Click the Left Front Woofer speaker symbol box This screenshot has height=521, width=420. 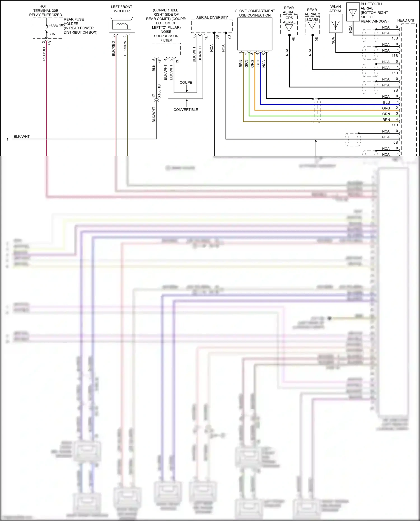[122, 24]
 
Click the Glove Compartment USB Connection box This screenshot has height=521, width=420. [255, 34]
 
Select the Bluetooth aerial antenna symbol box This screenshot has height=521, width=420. [353, 12]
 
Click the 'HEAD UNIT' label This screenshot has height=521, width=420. [406, 20]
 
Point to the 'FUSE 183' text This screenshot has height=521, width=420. [57, 25]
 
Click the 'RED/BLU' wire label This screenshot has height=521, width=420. [44, 53]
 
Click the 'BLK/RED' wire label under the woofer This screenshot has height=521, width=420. [113, 48]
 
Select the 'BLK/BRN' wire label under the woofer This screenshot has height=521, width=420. [125, 48]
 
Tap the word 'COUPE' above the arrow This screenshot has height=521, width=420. [186, 83]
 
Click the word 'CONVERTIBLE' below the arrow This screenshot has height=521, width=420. [186, 110]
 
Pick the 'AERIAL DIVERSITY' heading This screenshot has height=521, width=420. [212, 17]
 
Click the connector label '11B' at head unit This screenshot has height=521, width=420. [395, 125]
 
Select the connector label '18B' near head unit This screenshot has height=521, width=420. [395, 38]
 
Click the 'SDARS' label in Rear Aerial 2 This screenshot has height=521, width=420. [312, 20]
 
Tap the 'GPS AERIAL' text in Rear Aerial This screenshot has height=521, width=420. [289, 20]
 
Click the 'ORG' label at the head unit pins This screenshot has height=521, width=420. [386, 108]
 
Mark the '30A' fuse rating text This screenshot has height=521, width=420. [52, 34]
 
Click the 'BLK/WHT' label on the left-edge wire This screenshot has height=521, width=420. [22, 137]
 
